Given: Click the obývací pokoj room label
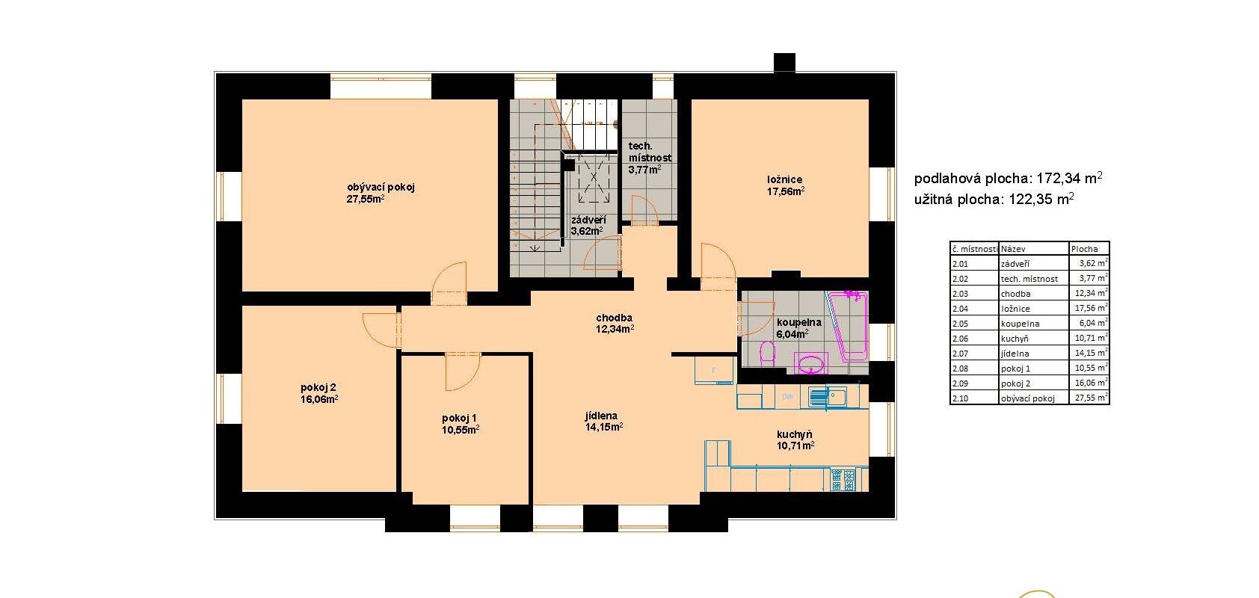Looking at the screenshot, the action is pos(381,187).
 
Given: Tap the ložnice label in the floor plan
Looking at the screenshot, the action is pos(784,179).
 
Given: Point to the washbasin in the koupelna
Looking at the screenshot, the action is pos(811,364).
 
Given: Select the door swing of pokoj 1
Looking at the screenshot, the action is pos(462,372).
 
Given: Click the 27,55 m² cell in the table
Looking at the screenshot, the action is pos(1089,398).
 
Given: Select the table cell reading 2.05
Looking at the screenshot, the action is pos(961,324).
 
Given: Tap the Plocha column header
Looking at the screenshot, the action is pos(1084,249).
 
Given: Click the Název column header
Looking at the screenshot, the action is pos(1013,249).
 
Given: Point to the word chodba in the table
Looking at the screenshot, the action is pos(1015,294).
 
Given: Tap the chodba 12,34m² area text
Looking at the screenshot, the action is pos(615,324).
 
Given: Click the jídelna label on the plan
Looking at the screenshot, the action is pos(601,416).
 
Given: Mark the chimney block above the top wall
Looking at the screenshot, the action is pos(784,62).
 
